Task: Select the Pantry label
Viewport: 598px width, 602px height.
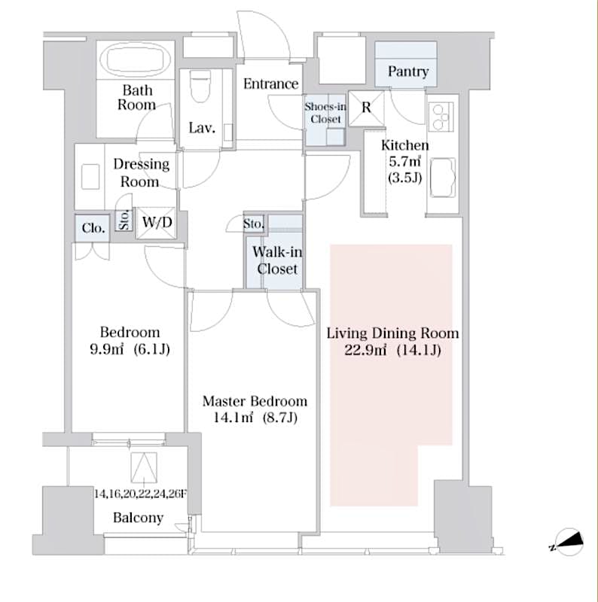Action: pyautogui.click(x=407, y=71)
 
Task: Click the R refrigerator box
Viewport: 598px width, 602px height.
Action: pyautogui.click(x=367, y=107)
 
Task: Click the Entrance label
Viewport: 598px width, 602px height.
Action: pyautogui.click(x=270, y=84)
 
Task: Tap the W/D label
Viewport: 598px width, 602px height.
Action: pyautogui.click(x=157, y=223)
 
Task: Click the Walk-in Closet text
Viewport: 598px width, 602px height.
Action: pyautogui.click(x=277, y=260)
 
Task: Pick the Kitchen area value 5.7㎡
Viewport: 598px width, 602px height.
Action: pyautogui.click(x=404, y=163)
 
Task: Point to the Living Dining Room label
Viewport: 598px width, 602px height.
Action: pyautogui.click(x=392, y=333)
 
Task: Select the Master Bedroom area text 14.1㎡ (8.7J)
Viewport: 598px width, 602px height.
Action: pyautogui.click(x=255, y=418)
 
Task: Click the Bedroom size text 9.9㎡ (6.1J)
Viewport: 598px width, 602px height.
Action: pyautogui.click(x=130, y=350)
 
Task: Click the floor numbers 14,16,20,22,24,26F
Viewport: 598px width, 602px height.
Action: pyautogui.click(x=140, y=494)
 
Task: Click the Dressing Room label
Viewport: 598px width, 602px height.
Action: pyautogui.click(x=141, y=172)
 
